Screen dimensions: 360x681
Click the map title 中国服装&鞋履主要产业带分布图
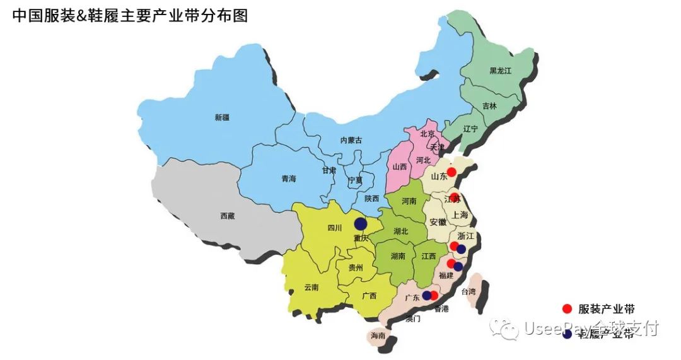[x=130, y=16]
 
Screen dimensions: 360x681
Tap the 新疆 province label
[x=222, y=117]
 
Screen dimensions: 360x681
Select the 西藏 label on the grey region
[x=228, y=216]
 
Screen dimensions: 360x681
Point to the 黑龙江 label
[x=500, y=71]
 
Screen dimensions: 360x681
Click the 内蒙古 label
[x=351, y=140]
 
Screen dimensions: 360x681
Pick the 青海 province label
[x=289, y=179]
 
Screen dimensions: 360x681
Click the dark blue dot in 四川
[x=361, y=223]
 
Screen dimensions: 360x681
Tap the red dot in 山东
[x=451, y=171]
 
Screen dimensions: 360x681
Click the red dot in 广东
[x=434, y=294]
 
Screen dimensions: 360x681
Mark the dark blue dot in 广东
[x=426, y=295]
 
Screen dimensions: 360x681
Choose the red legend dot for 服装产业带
[x=567, y=308]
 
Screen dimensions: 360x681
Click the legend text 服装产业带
[x=606, y=309]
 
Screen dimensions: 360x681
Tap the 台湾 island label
[x=469, y=292]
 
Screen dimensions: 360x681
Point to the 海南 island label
[x=378, y=336]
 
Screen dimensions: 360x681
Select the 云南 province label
[x=311, y=287]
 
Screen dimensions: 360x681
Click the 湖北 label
[x=400, y=231]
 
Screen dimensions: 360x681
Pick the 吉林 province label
[x=489, y=106]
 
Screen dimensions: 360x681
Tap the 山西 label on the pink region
[x=399, y=167]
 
